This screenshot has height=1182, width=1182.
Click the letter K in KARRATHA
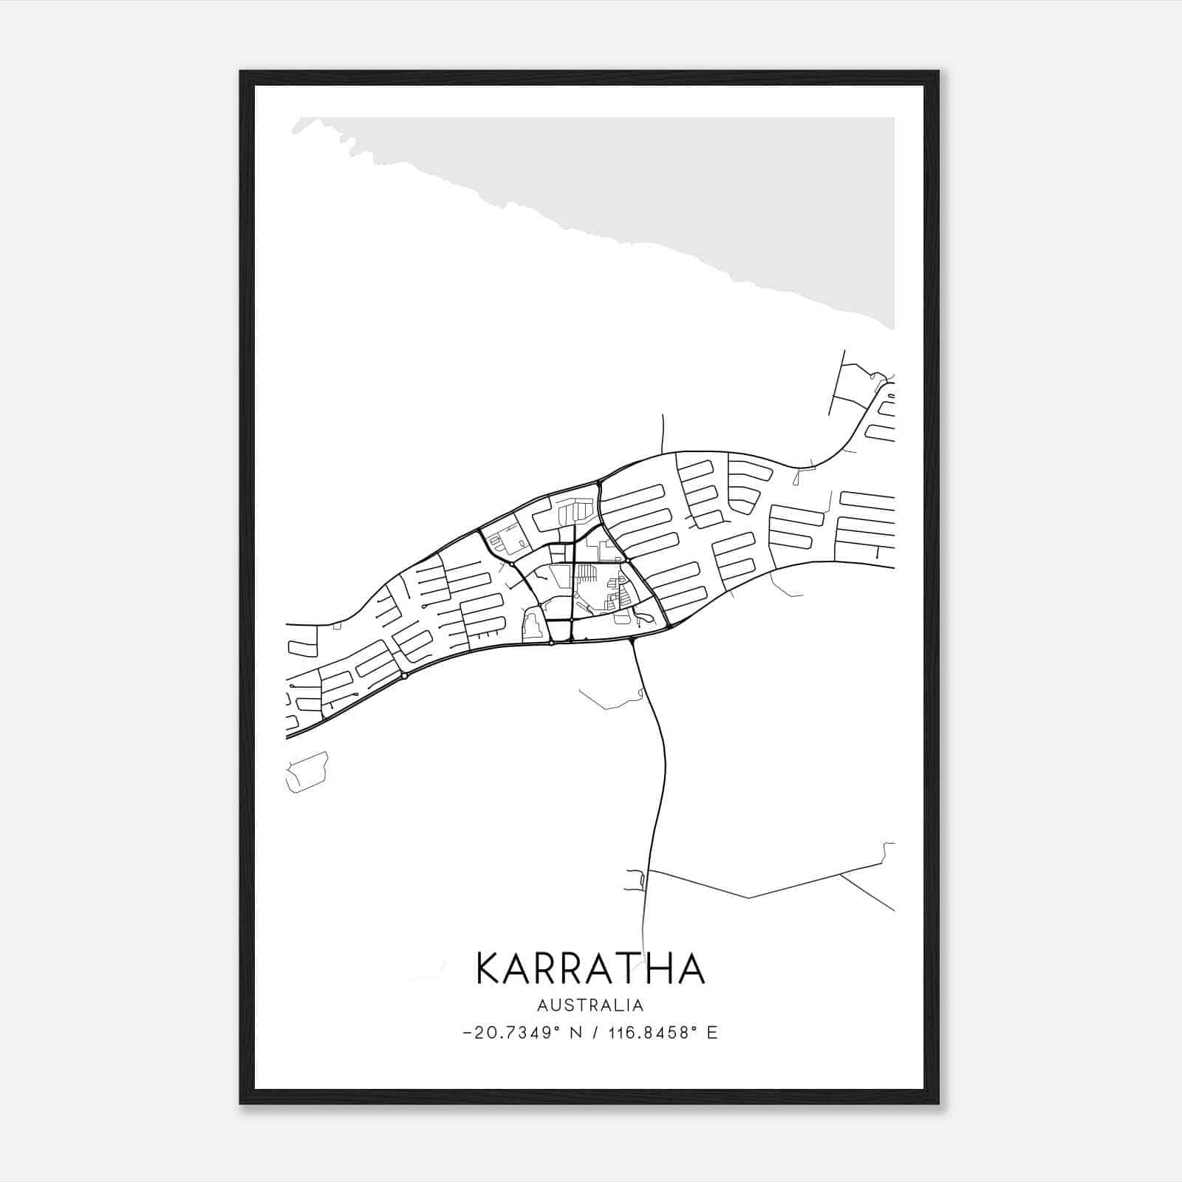[x=491, y=968]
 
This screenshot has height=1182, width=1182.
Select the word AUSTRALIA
[x=590, y=1005]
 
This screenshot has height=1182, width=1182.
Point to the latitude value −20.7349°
[x=508, y=1033]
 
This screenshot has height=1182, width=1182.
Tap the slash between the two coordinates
[x=594, y=1033]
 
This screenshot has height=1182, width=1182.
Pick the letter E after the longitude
[x=712, y=1033]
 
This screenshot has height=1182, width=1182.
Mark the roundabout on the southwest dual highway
[x=405, y=675]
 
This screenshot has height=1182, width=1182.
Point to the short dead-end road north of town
[x=663, y=432]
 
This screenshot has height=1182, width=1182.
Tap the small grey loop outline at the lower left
[x=306, y=772]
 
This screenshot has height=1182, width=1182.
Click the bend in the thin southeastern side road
[x=749, y=898]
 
